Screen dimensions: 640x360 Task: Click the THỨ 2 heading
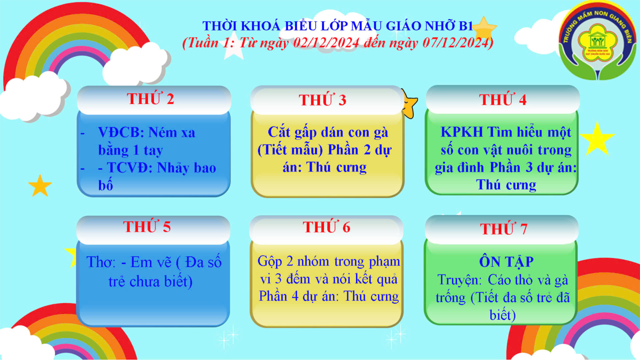pos(151,99)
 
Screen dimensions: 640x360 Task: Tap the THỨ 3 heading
pos(323,100)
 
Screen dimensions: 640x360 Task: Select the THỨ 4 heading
pos(503,99)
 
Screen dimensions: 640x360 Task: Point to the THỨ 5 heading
pos(147,226)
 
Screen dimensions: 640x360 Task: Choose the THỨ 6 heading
pos(326,227)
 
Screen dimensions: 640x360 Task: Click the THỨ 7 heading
pos(504,229)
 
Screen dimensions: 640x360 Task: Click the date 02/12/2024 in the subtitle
pos(326,43)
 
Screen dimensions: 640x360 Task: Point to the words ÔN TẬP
pos(506,262)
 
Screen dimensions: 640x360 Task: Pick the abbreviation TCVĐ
pos(127,168)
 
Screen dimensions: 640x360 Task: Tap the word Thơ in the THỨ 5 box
pos(101,262)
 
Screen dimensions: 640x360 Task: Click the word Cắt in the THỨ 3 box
pos(279,132)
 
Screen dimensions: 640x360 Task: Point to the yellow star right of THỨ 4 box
pos(597,139)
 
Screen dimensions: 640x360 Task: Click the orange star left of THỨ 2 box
pos(40,185)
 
